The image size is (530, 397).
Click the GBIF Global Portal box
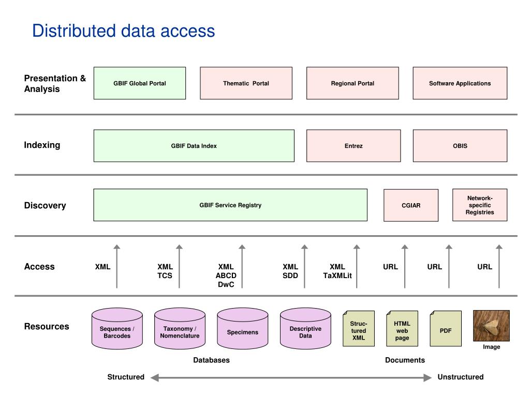point(140,83)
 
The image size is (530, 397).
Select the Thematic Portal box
point(246,83)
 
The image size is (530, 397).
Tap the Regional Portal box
point(352,83)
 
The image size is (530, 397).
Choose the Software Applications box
point(460,83)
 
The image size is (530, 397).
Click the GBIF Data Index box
point(194,146)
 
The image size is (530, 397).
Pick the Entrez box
point(354,146)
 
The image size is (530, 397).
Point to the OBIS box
point(460,146)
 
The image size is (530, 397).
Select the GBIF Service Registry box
point(230,205)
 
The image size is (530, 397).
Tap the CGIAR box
point(411,205)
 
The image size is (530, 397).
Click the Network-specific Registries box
point(480,205)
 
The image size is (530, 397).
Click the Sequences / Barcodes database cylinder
point(117,328)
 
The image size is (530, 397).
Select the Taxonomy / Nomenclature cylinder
point(180,328)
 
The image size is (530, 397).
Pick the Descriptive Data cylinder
point(305,328)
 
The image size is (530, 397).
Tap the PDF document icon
point(446,328)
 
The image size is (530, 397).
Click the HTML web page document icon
point(402,328)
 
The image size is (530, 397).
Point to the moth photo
point(492,326)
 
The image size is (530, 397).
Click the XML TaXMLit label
point(337,271)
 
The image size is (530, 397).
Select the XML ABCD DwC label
point(226,276)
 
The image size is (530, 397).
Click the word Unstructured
point(460,377)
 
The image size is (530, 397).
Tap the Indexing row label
point(42,145)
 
